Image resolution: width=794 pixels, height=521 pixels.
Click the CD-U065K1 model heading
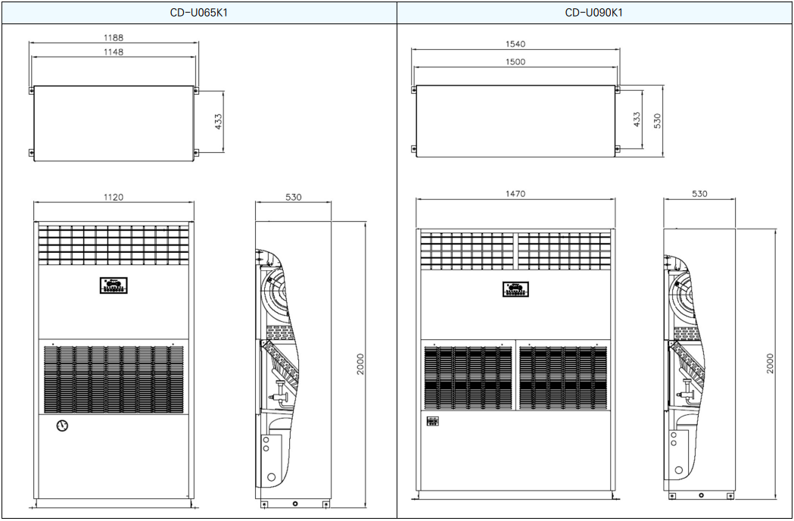tap(198, 13)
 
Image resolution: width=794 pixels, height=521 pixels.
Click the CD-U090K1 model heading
tap(593, 13)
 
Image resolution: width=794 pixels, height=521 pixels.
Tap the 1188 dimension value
tap(114, 38)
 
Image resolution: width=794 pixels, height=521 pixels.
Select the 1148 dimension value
tap(114, 51)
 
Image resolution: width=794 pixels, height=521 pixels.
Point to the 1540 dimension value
tap(515, 44)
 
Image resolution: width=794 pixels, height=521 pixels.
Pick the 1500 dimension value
tap(515, 62)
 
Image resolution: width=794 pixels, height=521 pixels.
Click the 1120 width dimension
tap(114, 197)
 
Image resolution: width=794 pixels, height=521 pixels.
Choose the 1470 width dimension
tap(515, 194)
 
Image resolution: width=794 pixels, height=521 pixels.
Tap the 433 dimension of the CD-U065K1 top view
tap(218, 122)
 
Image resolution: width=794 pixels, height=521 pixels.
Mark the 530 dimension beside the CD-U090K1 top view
tap(657, 120)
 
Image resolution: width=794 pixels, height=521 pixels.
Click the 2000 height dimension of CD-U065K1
tap(360, 364)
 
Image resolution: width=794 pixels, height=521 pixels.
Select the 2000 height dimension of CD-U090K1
tap(770, 363)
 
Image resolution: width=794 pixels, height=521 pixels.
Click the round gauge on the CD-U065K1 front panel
tap(62, 426)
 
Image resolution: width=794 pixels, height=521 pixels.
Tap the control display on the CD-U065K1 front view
tap(114, 285)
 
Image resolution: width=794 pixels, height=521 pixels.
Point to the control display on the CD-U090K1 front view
tap(515, 289)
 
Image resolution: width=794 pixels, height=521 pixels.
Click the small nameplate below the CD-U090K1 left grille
tap(432, 421)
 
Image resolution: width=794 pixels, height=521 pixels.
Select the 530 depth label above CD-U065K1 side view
tap(293, 197)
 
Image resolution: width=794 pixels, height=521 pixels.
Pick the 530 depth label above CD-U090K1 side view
tap(699, 194)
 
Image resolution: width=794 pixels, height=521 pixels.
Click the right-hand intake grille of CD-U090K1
tap(563, 378)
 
